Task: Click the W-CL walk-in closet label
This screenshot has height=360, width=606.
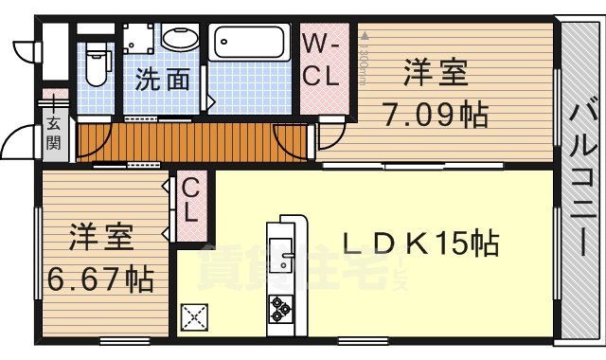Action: (320, 61)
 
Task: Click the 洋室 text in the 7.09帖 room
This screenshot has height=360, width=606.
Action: (435, 74)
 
